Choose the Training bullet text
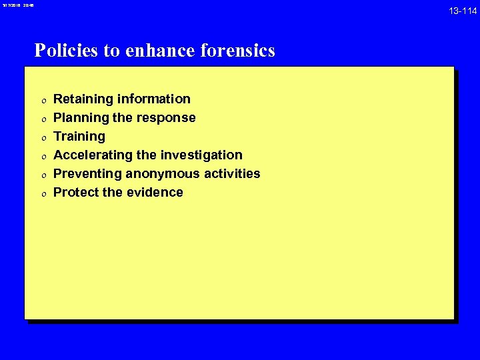coord(79,137)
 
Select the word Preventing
coord(87,174)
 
